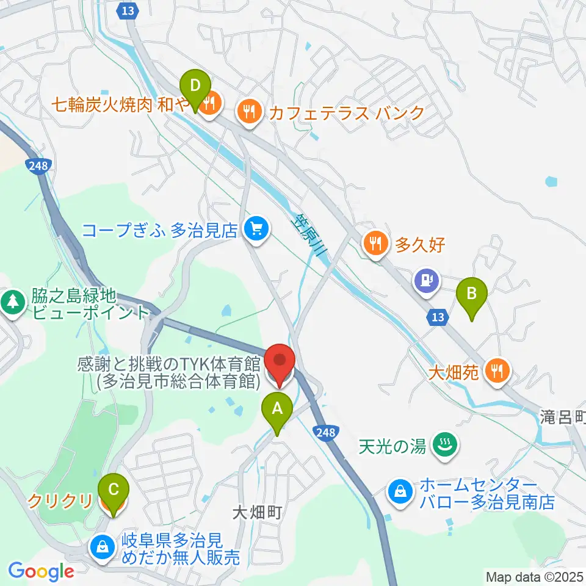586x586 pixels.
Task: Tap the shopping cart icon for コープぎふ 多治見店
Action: (255, 230)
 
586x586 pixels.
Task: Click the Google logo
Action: (41, 571)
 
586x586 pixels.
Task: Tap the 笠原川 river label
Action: (312, 235)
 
